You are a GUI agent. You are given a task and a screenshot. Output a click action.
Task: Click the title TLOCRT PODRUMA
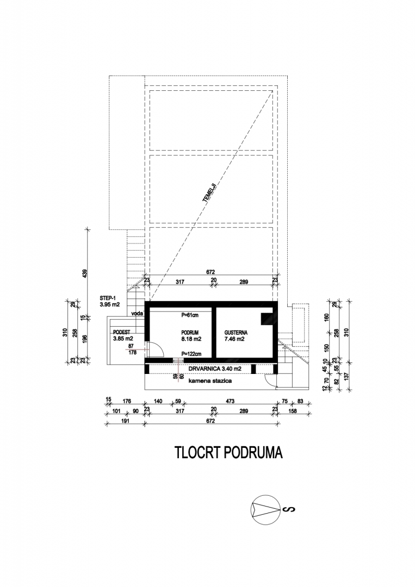tap(228, 453)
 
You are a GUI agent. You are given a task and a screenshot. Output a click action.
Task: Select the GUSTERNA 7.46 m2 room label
tap(236, 336)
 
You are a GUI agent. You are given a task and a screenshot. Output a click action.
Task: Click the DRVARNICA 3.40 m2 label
tap(215, 369)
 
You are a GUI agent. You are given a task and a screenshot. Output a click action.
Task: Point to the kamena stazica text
tap(210, 380)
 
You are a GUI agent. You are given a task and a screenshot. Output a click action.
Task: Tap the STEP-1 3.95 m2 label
tap(109, 301)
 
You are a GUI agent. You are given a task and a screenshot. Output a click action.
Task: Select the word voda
tap(137, 314)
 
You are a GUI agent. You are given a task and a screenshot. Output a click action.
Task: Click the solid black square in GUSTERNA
tap(267, 319)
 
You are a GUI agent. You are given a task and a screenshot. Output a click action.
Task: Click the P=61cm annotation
tap(190, 315)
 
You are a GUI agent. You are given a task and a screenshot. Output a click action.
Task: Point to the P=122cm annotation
tap(191, 353)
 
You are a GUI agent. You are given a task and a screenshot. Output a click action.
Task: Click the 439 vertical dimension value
tap(84, 273)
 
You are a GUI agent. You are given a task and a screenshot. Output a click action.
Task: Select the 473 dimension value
tap(230, 401)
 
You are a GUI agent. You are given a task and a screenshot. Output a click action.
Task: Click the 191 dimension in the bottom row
tap(126, 421)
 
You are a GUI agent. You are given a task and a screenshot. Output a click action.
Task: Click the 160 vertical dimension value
tap(326, 317)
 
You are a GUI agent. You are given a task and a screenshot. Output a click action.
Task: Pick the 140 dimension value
tap(158, 401)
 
